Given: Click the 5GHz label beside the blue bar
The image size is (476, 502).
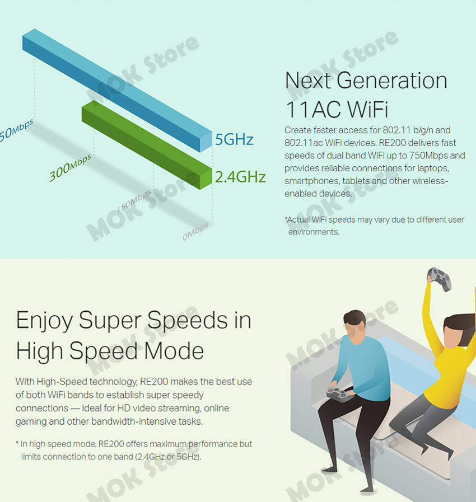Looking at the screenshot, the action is [234, 139].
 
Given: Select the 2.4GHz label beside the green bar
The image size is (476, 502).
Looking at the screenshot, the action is [240, 177].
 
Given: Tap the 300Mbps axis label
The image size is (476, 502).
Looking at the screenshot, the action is [70, 167].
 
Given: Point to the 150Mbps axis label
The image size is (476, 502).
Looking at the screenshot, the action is [134, 201].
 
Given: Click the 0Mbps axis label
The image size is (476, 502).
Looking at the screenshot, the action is [195, 231].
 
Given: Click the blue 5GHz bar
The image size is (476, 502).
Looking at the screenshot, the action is [117, 90].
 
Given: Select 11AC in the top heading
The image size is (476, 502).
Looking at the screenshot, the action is [313, 109].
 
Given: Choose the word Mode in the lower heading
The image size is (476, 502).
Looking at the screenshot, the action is [174, 351].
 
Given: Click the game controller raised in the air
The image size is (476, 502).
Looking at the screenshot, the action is [439, 279].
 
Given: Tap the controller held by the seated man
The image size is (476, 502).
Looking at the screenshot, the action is [340, 394].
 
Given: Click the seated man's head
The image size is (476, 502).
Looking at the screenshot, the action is [355, 326].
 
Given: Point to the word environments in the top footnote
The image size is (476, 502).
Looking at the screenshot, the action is [314, 232].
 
